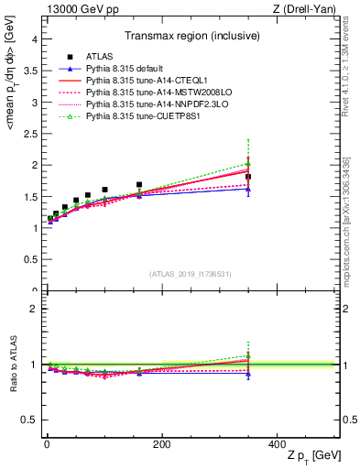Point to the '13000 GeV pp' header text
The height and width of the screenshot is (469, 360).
[77, 8]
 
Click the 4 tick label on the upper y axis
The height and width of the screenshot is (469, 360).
[34, 39]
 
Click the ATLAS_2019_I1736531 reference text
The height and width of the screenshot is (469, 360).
[190, 274]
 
